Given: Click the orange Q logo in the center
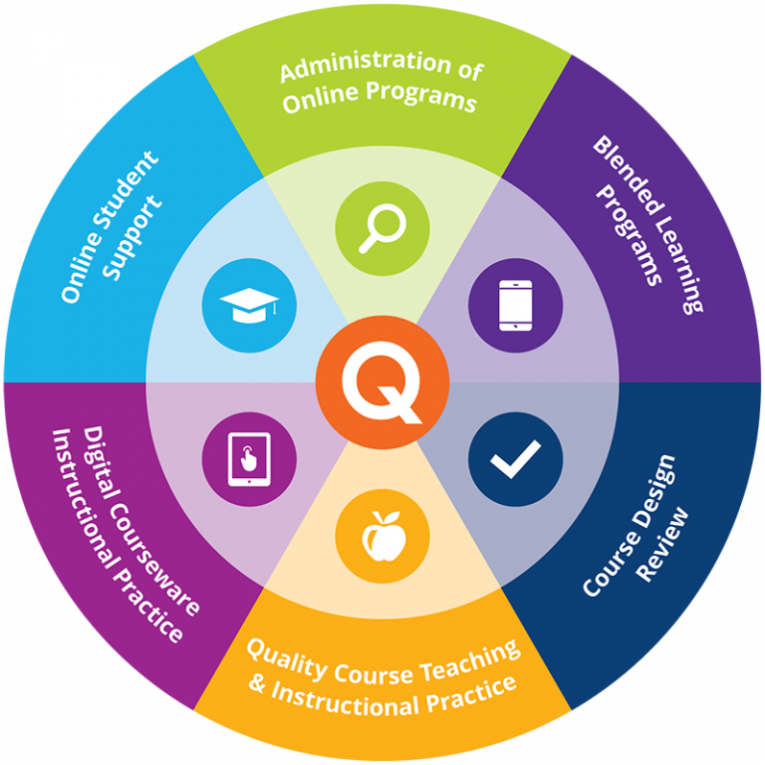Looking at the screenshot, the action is click(382, 382).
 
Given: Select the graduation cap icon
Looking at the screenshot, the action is click(249, 306).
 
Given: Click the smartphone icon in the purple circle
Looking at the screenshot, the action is click(516, 306).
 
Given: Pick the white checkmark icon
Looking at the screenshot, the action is click(516, 459).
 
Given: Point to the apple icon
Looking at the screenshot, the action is click(383, 536).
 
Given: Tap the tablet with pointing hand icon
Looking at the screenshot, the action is click(249, 459).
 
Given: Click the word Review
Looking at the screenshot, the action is click(662, 545).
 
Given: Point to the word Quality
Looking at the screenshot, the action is click(287, 658).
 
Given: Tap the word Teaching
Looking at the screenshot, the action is click(469, 660).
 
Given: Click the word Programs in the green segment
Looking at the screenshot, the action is click(420, 97).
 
